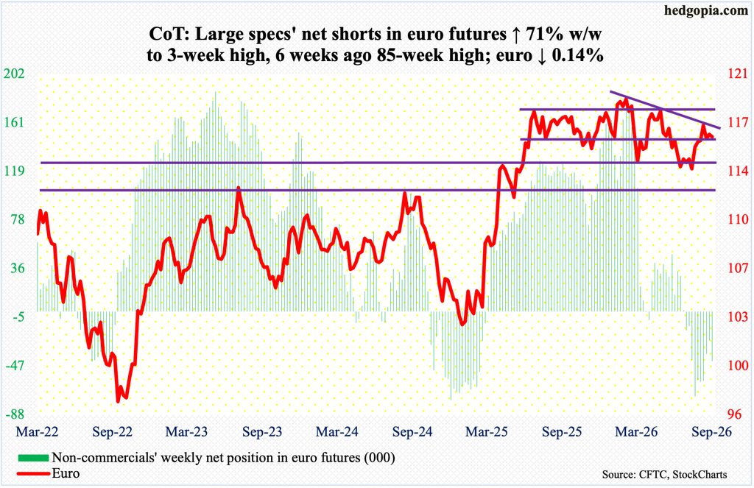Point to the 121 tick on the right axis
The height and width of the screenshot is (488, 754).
pos(739,74)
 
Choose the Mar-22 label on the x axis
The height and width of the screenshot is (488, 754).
pos(37,431)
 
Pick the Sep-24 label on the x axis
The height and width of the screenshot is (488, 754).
pos(412,431)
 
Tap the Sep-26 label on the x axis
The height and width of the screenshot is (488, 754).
pos(712,431)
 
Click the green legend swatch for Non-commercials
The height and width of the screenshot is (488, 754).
pos(33,457)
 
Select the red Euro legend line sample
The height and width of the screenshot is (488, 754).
pos(33,473)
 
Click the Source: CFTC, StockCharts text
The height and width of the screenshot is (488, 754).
pos(664,475)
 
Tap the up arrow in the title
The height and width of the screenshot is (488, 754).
pos(516,35)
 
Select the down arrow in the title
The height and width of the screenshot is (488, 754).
pos(542,56)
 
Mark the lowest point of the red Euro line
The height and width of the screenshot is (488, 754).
pos(118,401)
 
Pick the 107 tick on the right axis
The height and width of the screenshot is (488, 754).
pos(739,268)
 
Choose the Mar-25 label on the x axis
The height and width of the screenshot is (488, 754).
pos(487,431)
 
